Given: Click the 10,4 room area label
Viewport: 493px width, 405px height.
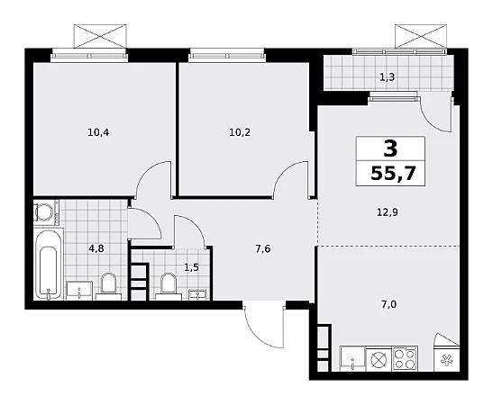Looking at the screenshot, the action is click(98, 133).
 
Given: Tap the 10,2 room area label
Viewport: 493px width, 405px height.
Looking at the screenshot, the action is click(240, 133).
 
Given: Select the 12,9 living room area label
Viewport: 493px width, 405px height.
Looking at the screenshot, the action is click(388, 212).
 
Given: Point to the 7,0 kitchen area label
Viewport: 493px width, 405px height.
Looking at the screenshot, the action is click(389, 304).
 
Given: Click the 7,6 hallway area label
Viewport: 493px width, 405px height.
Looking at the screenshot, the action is click(263, 249).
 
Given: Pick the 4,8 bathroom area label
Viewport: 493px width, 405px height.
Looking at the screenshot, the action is click(96, 249).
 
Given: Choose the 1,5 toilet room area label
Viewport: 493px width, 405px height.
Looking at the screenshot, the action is click(191, 268).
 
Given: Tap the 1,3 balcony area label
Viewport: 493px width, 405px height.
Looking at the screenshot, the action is click(387, 76).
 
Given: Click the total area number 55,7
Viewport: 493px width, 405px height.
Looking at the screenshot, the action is click(393, 173).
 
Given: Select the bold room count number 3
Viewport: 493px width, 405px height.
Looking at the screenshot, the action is click(390, 148).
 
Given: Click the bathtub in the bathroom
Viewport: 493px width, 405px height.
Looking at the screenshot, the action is click(49, 265).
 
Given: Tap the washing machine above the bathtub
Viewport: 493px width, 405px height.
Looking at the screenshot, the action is click(46, 212).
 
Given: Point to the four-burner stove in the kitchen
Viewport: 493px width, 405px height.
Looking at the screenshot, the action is click(405, 358).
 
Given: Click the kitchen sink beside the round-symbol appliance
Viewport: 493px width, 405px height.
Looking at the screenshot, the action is click(352, 358).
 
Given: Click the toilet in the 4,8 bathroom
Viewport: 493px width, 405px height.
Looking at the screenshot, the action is click(108, 286).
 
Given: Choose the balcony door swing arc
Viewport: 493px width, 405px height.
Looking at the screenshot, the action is click(436, 114).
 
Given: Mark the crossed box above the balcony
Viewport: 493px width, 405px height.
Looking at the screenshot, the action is click(421, 36).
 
